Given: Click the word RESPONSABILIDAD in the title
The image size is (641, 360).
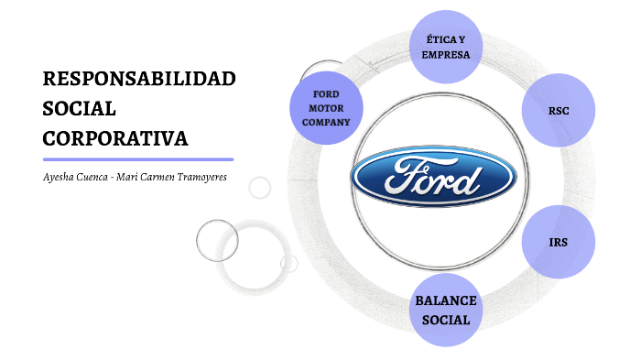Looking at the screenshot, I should pyautogui.click(x=139, y=78).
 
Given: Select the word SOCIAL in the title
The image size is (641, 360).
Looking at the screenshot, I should pyautogui.click(x=80, y=108).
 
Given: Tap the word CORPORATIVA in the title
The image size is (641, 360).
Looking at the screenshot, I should pyautogui.click(x=115, y=137).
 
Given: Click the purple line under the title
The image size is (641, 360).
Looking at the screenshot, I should pyautogui.click(x=138, y=159).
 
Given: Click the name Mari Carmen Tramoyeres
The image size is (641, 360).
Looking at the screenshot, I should pyautogui.click(x=174, y=177).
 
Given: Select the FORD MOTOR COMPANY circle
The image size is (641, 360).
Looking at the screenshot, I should pyautogui.click(x=326, y=108).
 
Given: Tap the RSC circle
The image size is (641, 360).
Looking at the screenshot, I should pyautogui.click(x=559, y=110).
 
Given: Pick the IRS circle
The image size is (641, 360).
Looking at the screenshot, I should pyautogui.click(x=559, y=242).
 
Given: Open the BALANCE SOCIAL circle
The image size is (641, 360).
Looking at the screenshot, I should pyautogui.click(x=445, y=310).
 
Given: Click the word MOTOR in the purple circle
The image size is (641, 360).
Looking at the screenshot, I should pyautogui.click(x=327, y=108).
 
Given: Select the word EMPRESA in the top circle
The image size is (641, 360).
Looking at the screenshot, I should pyautogui.click(x=446, y=55).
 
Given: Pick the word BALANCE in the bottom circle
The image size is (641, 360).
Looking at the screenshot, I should pyautogui.click(x=446, y=300).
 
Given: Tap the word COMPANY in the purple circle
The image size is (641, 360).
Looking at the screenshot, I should pyautogui.click(x=327, y=122).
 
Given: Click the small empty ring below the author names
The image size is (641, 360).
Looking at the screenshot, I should pyautogui.click(x=260, y=188).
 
